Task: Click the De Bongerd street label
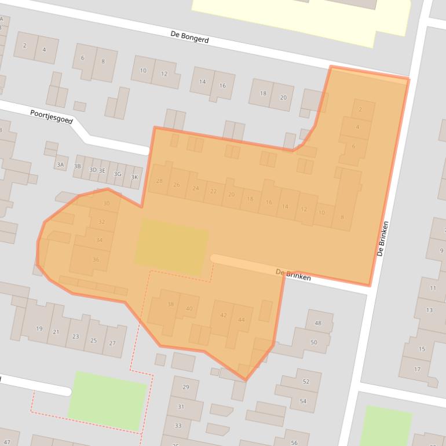tap(189, 38)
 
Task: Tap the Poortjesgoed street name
tap(52, 116)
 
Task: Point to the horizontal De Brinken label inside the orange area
tap(293, 275)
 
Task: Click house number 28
tap(159, 182)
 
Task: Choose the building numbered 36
tap(96, 260)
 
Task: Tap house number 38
tap(170, 305)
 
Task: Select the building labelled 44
tap(241, 320)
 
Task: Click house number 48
tap(317, 323)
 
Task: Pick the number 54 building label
tap(303, 401)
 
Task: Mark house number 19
tap(39, 329)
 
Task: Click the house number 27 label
tap(112, 343)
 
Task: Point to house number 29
tap(185, 387)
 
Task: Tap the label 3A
tap(60, 165)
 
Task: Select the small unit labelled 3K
tap(135, 178)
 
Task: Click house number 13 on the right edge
tap(429, 310)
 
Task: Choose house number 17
tap(417, 369)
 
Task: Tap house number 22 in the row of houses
tap(214, 192)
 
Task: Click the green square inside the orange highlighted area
tap(171, 246)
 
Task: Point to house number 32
tap(102, 222)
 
